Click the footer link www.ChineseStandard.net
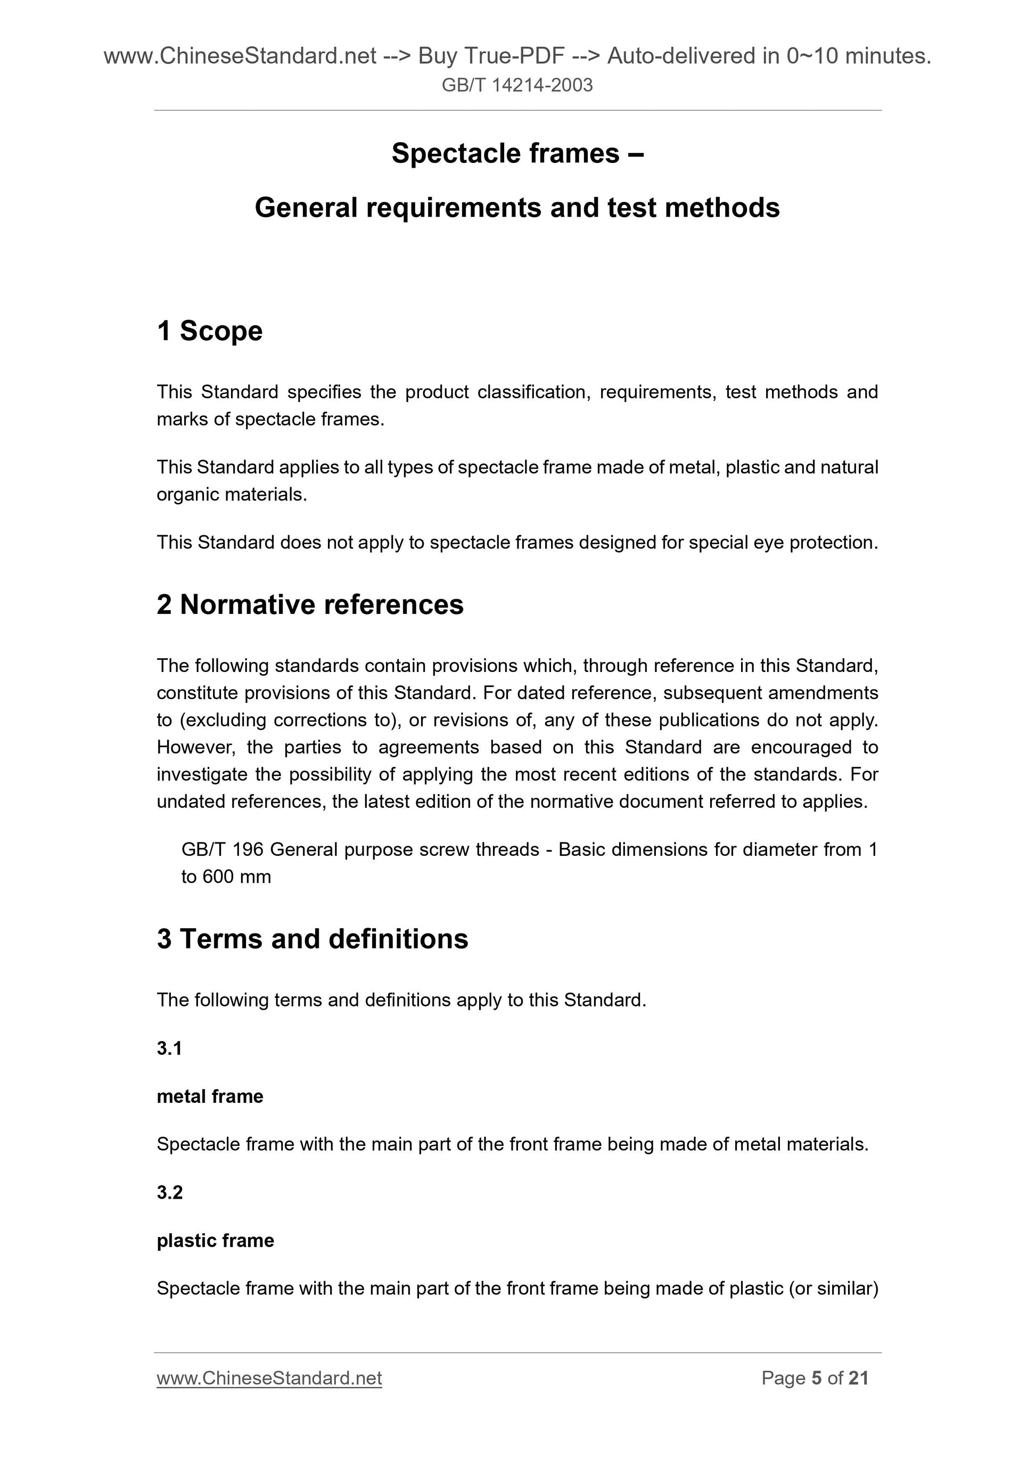pos(269,1378)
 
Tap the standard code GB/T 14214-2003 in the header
pos(517,85)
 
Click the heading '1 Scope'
pos(209,331)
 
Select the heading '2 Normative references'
pos(310,604)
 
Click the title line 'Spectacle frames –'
pos(517,153)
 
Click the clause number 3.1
pos(169,1048)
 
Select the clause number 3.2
pos(170,1192)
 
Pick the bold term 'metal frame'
pos(210,1096)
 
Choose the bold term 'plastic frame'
pos(215,1240)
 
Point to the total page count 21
pos(859,1378)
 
